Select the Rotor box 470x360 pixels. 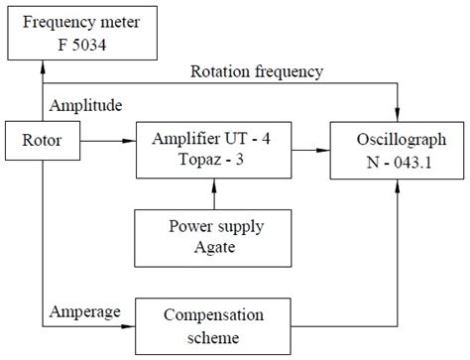point(43,141)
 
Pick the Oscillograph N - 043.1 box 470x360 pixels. point(399,151)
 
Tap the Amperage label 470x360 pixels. point(83,311)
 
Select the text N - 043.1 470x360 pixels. point(399,162)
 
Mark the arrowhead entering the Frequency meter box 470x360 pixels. point(43,64)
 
